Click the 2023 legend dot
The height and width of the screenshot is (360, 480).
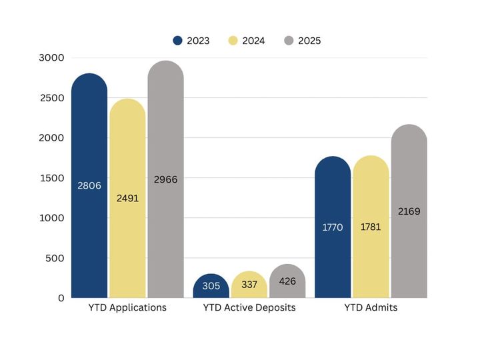(x=177, y=41)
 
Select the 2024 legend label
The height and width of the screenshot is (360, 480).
(x=253, y=41)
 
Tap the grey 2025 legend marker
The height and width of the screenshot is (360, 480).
(x=289, y=41)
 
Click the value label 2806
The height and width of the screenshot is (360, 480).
(x=89, y=185)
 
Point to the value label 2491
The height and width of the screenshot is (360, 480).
(x=127, y=198)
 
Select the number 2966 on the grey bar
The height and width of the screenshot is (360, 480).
(x=165, y=179)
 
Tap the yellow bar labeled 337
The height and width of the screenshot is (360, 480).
(x=249, y=285)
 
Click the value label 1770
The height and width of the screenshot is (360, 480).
(x=333, y=227)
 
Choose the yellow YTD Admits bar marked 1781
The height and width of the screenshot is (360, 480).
(x=371, y=227)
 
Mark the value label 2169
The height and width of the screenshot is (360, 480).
(x=409, y=211)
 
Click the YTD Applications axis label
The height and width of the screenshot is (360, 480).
(x=127, y=308)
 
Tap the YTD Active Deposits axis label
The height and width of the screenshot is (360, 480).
(x=249, y=308)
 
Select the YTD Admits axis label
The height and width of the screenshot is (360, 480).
(x=371, y=308)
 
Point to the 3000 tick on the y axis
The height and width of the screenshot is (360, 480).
(x=51, y=58)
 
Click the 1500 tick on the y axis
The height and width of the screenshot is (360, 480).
(x=51, y=178)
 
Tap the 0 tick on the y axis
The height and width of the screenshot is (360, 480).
(x=60, y=298)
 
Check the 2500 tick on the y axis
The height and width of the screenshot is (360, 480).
(x=51, y=98)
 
